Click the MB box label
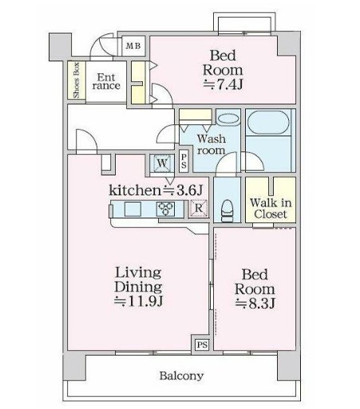coord(133,46)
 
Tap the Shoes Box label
coord(77,79)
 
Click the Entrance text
coord(105,82)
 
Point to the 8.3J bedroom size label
coord(255,304)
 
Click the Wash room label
coord(212,144)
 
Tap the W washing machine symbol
coord(162,163)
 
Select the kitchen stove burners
coord(167,209)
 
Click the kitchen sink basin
coord(133,210)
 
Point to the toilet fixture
coord(227,209)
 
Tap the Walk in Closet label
coord(271,209)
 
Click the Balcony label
coord(180,376)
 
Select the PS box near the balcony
coord(202,344)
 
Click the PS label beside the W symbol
coord(184,160)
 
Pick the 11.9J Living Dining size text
coord(138,301)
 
